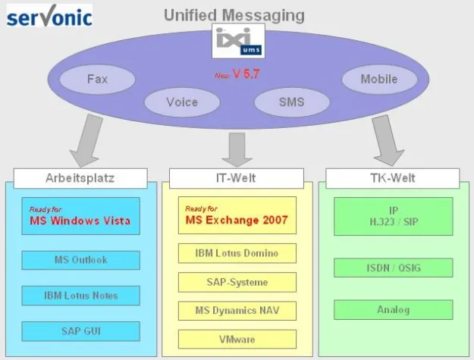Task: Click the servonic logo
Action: click(x=49, y=16)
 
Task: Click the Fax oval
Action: click(x=97, y=79)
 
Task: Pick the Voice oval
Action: click(x=182, y=102)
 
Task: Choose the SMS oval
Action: click(x=291, y=102)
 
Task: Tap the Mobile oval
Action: click(x=378, y=79)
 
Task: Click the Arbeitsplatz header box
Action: click(x=80, y=178)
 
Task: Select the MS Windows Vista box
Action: click(x=80, y=216)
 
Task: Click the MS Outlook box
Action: click(x=80, y=260)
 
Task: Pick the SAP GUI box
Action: click(x=80, y=331)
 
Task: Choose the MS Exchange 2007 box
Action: click(x=237, y=216)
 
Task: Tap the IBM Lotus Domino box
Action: click(x=237, y=253)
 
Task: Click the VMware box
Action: click(x=237, y=339)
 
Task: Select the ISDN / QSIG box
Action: click(x=393, y=268)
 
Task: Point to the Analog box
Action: click(x=393, y=309)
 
